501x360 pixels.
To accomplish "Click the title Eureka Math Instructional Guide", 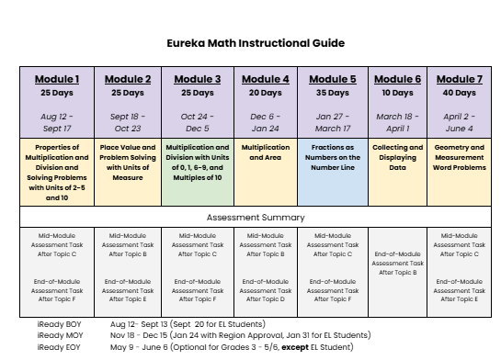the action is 256,43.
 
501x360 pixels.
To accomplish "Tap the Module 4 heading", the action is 265,79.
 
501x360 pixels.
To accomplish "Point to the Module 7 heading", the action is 459,79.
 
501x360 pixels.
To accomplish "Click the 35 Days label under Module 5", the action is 332,93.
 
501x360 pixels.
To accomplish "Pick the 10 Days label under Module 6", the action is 397,93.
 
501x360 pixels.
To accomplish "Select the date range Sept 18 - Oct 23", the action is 128,123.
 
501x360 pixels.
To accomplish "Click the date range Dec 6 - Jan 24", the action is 265,123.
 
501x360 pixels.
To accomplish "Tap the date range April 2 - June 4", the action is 459,123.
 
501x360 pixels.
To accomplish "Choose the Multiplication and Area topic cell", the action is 265,152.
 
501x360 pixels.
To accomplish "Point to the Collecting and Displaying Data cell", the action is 397,158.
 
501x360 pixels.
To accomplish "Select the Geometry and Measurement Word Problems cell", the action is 459,158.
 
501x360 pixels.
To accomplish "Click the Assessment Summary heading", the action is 256,218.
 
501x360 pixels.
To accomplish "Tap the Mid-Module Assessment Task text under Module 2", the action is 128,245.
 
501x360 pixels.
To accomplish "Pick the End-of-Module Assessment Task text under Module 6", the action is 397,264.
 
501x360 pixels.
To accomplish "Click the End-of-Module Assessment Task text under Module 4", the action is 265,290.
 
